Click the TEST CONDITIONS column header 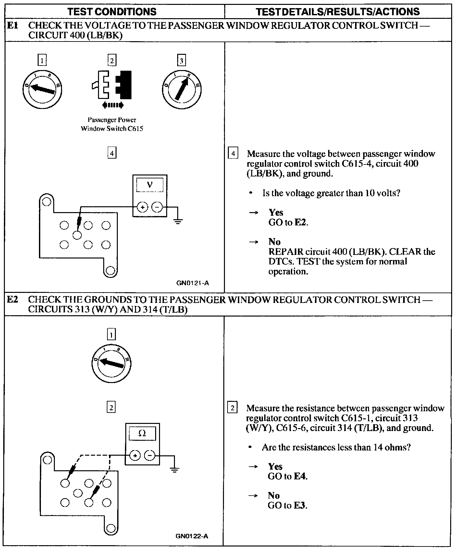(x=112, y=12)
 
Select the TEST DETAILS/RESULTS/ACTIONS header (x=338, y=12)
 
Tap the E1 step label (x=12, y=25)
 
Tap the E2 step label (x=12, y=299)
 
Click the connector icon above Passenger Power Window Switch (x=112, y=85)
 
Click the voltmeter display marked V (x=150, y=185)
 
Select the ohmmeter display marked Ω (x=142, y=433)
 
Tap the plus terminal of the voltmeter (x=142, y=207)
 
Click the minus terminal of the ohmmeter (x=150, y=455)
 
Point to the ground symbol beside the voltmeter (x=178, y=222)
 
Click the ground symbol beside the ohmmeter (x=175, y=470)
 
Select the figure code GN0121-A (x=192, y=283)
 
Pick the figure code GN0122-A (x=192, y=536)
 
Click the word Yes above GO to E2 (x=276, y=212)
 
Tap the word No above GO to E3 (x=274, y=495)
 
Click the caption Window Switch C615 (x=112, y=129)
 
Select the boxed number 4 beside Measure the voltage (x=233, y=153)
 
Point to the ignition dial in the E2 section (x=111, y=363)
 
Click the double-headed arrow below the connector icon (x=112, y=105)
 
